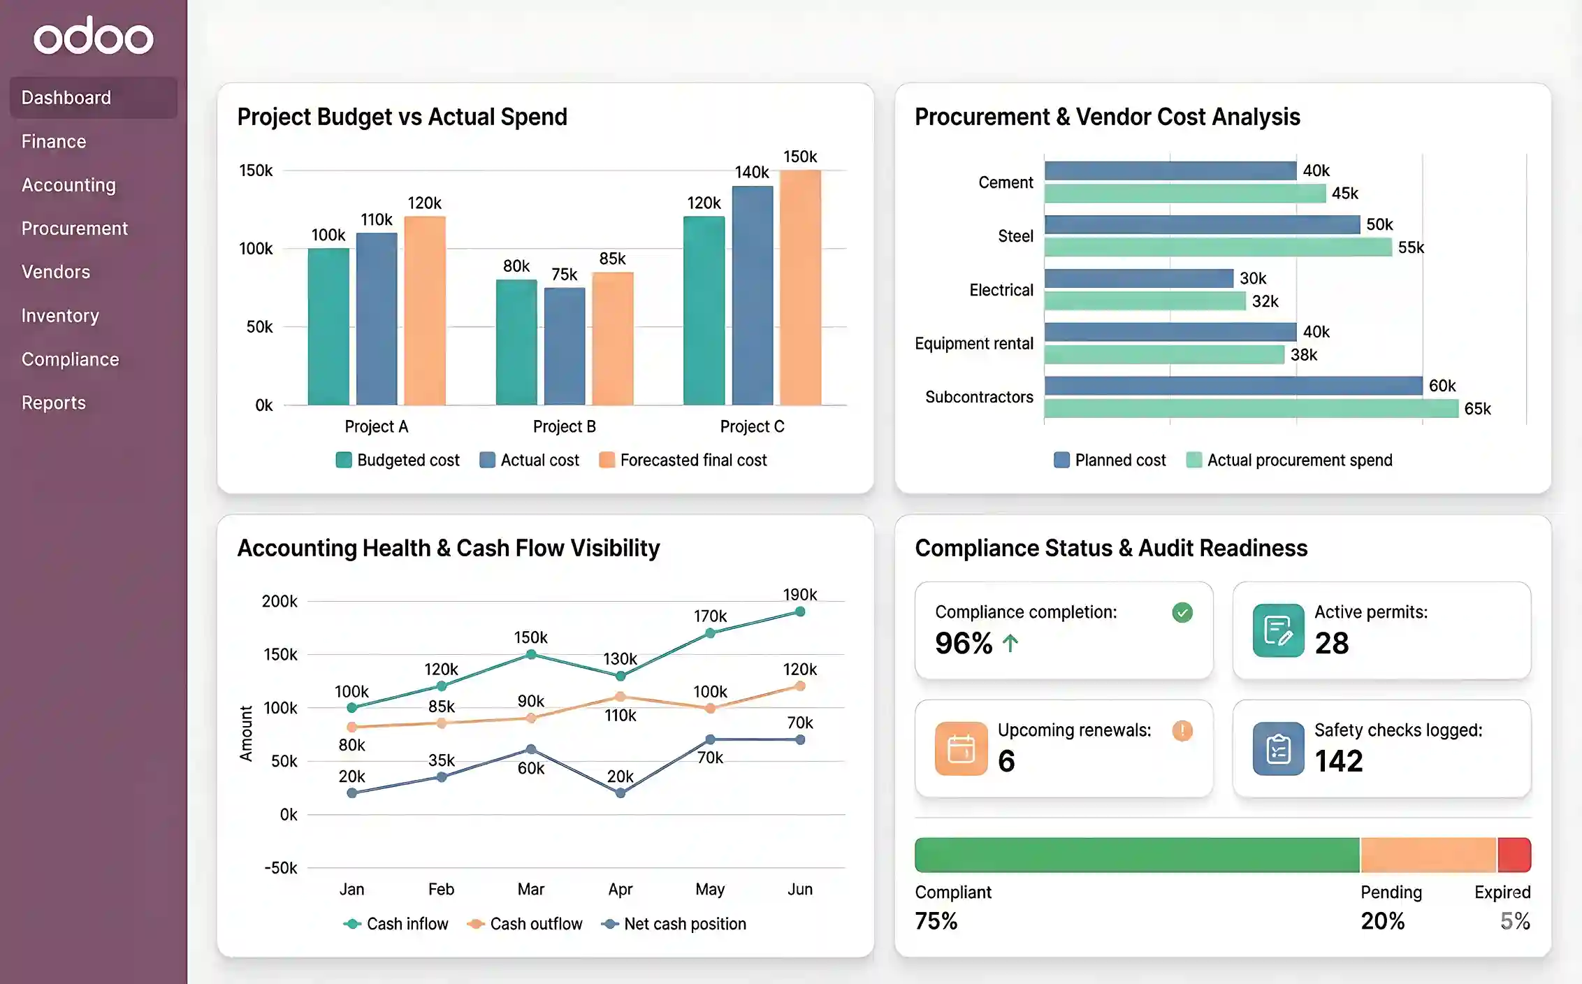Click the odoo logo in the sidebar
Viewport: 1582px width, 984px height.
[93, 36]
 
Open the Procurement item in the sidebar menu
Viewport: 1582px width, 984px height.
[74, 229]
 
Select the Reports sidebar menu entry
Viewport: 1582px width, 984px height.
[53, 403]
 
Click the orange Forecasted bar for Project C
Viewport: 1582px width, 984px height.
[800, 287]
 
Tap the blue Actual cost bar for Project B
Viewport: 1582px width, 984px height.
[565, 346]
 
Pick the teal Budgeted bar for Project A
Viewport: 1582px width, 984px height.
[328, 326]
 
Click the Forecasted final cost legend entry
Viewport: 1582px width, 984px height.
[683, 460]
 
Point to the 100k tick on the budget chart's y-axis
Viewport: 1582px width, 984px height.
[256, 249]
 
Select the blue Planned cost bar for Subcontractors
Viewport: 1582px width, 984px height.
[1233, 386]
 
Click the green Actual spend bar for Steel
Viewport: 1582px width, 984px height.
[1218, 247]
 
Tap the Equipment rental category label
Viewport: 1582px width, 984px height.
[973, 344]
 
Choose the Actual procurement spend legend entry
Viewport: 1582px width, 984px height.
[1289, 460]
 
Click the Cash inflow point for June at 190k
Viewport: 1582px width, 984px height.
[800, 612]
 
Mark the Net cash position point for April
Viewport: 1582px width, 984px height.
[621, 793]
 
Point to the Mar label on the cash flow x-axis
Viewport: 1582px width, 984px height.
[531, 889]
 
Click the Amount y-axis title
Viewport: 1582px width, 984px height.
[246, 733]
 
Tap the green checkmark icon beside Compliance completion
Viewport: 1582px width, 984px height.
[1182, 613]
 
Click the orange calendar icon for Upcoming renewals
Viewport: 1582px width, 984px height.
[961, 749]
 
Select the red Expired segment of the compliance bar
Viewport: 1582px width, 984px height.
[1514, 855]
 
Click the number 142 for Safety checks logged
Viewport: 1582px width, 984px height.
[1338, 761]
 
